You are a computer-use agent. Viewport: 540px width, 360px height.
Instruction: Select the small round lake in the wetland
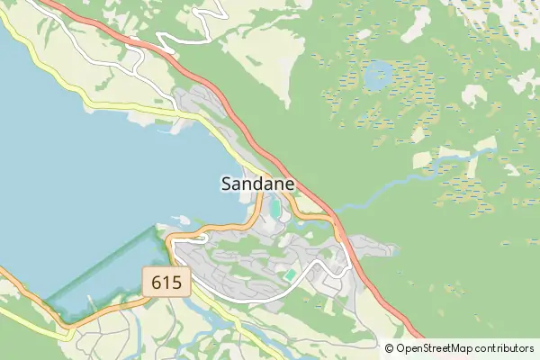point(378,76)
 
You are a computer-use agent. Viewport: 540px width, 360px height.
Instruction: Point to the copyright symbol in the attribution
point(390,348)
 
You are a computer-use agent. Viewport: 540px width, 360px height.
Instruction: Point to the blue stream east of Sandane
point(405,180)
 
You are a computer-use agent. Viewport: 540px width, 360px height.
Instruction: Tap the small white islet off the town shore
point(180,219)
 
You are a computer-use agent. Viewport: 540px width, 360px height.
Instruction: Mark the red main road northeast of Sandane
point(297,175)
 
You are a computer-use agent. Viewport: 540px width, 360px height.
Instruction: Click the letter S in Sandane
point(227,184)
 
